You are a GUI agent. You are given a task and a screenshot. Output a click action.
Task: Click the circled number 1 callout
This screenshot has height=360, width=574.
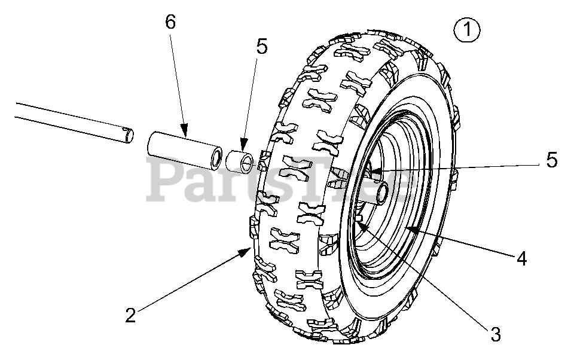pos(467,30)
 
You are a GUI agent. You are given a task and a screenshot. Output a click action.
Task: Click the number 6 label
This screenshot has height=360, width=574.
pos(170,22)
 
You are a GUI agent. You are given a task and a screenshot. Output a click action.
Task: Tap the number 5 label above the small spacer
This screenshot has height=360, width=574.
pos(261,47)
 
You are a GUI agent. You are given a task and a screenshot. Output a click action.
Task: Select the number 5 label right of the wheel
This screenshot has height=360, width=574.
pos(551,160)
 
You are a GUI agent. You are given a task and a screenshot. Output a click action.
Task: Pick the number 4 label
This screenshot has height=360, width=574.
pos(521,258)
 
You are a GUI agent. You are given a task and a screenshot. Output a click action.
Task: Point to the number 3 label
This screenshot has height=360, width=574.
pos(495,334)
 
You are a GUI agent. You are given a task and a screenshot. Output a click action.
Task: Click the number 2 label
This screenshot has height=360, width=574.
pos(130,315)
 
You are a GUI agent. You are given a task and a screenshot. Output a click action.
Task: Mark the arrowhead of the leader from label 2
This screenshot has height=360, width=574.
pos(251,249)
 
